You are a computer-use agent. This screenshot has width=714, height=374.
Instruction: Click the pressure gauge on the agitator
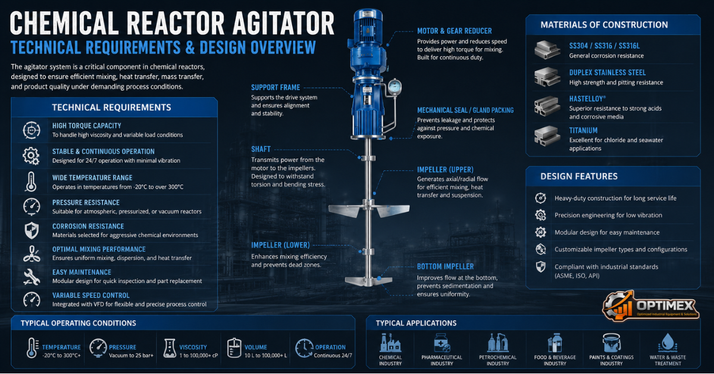click(x=394, y=87)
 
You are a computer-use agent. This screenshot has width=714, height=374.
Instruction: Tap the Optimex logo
click(x=650, y=306)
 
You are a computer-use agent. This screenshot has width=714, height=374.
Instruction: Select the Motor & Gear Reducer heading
click(x=454, y=31)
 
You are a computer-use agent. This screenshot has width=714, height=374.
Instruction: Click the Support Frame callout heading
click(x=275, y=88)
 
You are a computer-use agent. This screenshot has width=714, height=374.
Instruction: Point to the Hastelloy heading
click(x=587, y=99)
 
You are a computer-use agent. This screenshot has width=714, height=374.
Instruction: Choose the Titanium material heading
click(x=583, y=130)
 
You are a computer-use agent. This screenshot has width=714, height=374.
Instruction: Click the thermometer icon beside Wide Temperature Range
click(x=31, y=182)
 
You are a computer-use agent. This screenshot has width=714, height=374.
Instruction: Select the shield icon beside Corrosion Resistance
click(x=32, y=230)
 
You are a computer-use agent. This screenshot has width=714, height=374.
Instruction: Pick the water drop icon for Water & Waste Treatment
click(x=668, y=342)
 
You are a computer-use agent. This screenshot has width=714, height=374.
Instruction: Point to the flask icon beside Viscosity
click(x=170, y=348)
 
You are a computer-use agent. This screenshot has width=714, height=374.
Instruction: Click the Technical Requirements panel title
click(x=111, y=108)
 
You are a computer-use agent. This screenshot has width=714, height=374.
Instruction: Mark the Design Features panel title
click(x=579, y=176)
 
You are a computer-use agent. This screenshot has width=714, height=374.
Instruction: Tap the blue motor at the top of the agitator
click(x=368, y=29)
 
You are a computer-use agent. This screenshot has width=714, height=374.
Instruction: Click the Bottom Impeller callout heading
click(x=445, y=266)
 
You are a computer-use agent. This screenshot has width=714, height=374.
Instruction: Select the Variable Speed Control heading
click(x=91, y=295)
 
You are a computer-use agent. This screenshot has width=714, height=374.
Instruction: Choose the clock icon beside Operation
click(x=304, y=348)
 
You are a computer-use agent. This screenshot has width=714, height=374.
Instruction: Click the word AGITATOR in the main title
click(x=283, y=23)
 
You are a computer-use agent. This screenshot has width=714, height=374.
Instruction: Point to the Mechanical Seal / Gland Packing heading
click(x=465, y=110)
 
